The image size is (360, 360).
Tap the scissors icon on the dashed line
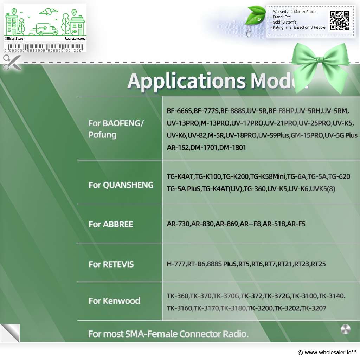click(x=12, y=62)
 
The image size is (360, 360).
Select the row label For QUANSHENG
click(x=121, y=185)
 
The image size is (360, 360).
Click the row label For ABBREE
click(x=111, y=224)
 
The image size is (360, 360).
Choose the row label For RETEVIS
click(x=111, y=264)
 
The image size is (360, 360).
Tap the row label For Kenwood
click(x=114, y=301)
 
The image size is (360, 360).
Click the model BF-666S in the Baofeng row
click(x=179, y=111)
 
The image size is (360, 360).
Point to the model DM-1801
click(x=232, y=148)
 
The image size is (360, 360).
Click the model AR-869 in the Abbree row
click(x=227, y=224)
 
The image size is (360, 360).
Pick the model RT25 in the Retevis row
click(x=319, y=264)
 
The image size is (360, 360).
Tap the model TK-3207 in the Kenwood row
click(x=314, y=308)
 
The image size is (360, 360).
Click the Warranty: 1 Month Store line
click(x=294, y=12)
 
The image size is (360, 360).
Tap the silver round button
click(x=346, y=329)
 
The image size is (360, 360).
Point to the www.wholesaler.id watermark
click(x=327, y=352)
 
